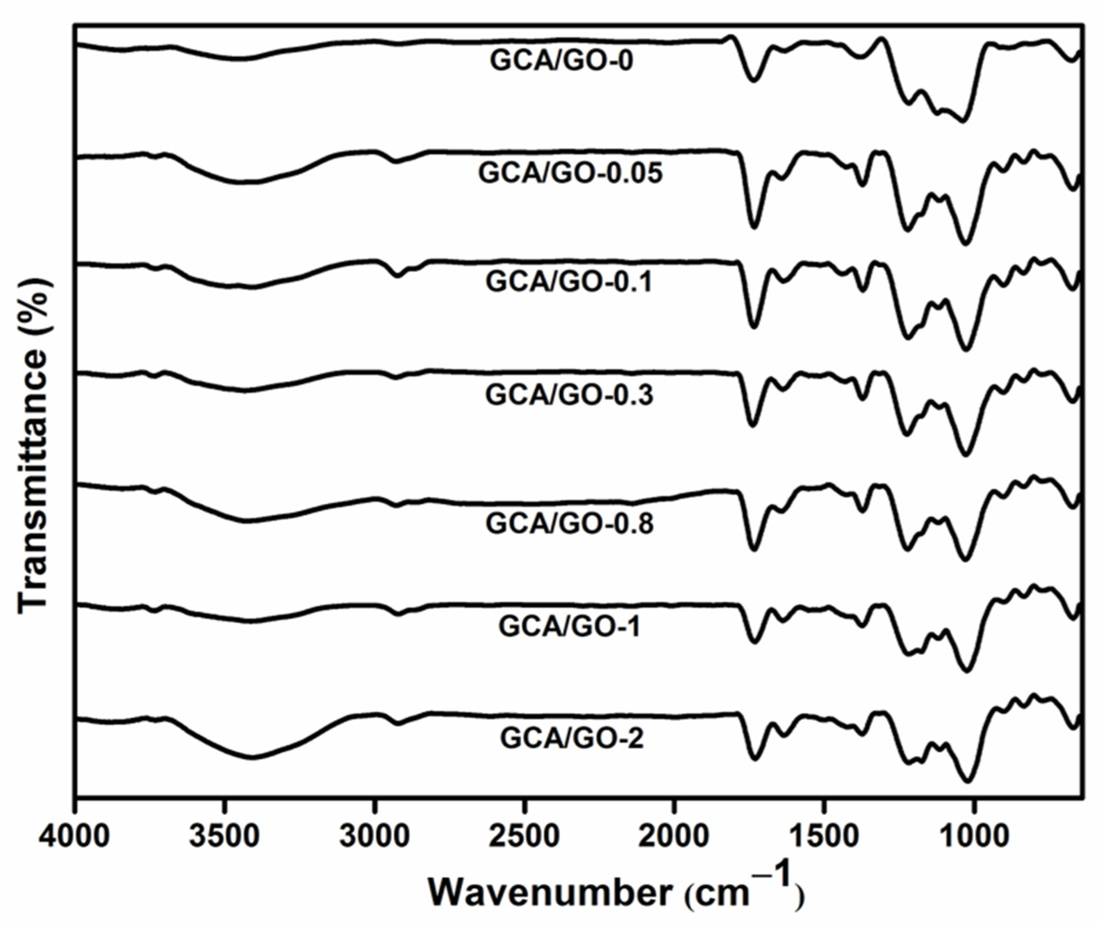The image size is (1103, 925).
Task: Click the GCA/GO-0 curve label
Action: [562, 61]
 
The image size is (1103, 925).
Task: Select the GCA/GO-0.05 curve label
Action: [571, 174]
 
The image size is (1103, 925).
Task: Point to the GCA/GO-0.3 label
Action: [569, 395]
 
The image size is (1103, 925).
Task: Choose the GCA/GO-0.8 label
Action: [569, 524]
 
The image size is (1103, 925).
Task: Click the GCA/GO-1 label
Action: [569, 627]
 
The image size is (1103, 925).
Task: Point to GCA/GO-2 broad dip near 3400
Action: [252, 757]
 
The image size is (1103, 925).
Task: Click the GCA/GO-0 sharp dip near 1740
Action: [754, 80]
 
